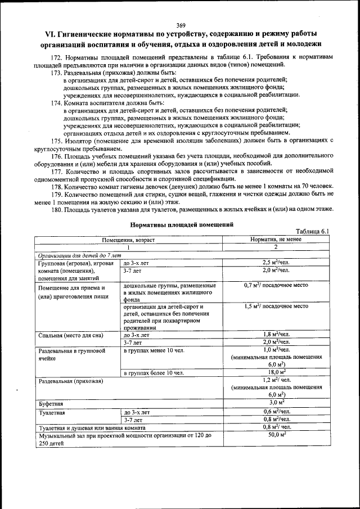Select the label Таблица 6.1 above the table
coord(312,231)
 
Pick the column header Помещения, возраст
coord(128,240)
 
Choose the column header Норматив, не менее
coord(276,240)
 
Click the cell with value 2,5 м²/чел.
coord(276,262)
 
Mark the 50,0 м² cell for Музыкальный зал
coord(276,435)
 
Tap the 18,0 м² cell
coord(276,372)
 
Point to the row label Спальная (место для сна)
coord(71,335)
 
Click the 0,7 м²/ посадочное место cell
coord(276,286)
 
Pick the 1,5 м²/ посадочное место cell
coord(276,307)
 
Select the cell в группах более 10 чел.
coord(154,372)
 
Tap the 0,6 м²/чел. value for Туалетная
coord(276,412)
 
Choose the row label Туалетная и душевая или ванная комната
coord(92,427)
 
